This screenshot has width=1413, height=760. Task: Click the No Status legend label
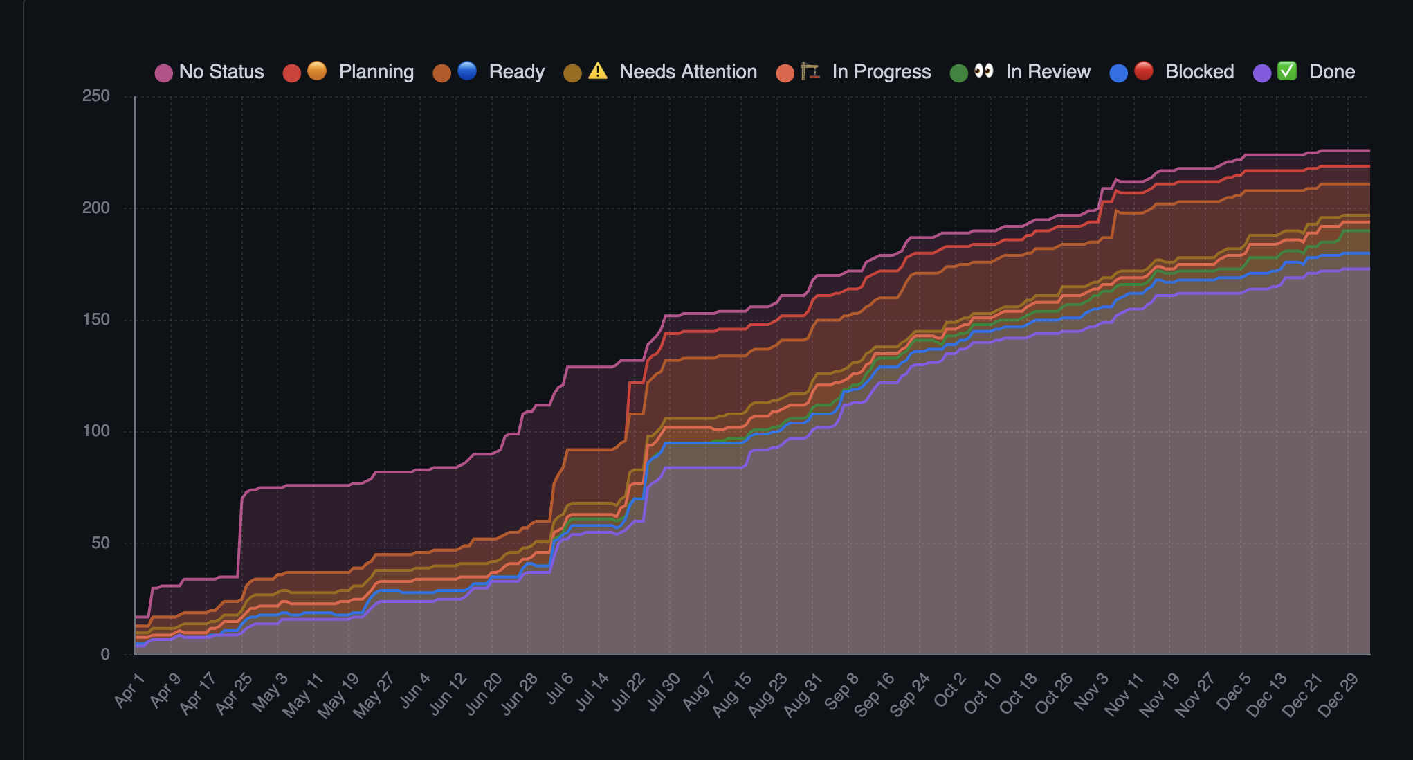pos(221,72)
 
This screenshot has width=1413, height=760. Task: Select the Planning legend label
pos(376,72)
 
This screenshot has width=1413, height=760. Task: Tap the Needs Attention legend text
pos(688,72)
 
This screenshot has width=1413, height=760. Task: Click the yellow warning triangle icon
pos(598,71)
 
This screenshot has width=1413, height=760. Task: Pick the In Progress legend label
pos(881,72)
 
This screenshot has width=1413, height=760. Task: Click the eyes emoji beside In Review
pos(983,71)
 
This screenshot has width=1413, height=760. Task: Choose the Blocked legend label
pos(1199,72)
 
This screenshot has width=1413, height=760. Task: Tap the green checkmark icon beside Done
pos(1286,71)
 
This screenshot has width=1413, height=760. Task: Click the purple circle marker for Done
pos(1262,73)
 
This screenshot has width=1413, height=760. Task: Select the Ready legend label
pos(516,72)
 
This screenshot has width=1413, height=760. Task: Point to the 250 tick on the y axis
pos(96,96)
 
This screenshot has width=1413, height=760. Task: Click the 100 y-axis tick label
pos(96,431)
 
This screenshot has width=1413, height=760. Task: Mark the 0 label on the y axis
pos(105,654)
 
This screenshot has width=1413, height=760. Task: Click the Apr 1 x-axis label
pos(129,690)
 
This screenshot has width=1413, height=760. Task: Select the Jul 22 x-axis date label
pos(628,691)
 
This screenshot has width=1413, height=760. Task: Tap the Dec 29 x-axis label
pos(1338,695)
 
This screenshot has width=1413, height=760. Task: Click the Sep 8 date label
pos(842,691)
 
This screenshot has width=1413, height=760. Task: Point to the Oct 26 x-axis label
pos(1054,694)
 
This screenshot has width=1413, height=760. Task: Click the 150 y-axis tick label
pos(96,320)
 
